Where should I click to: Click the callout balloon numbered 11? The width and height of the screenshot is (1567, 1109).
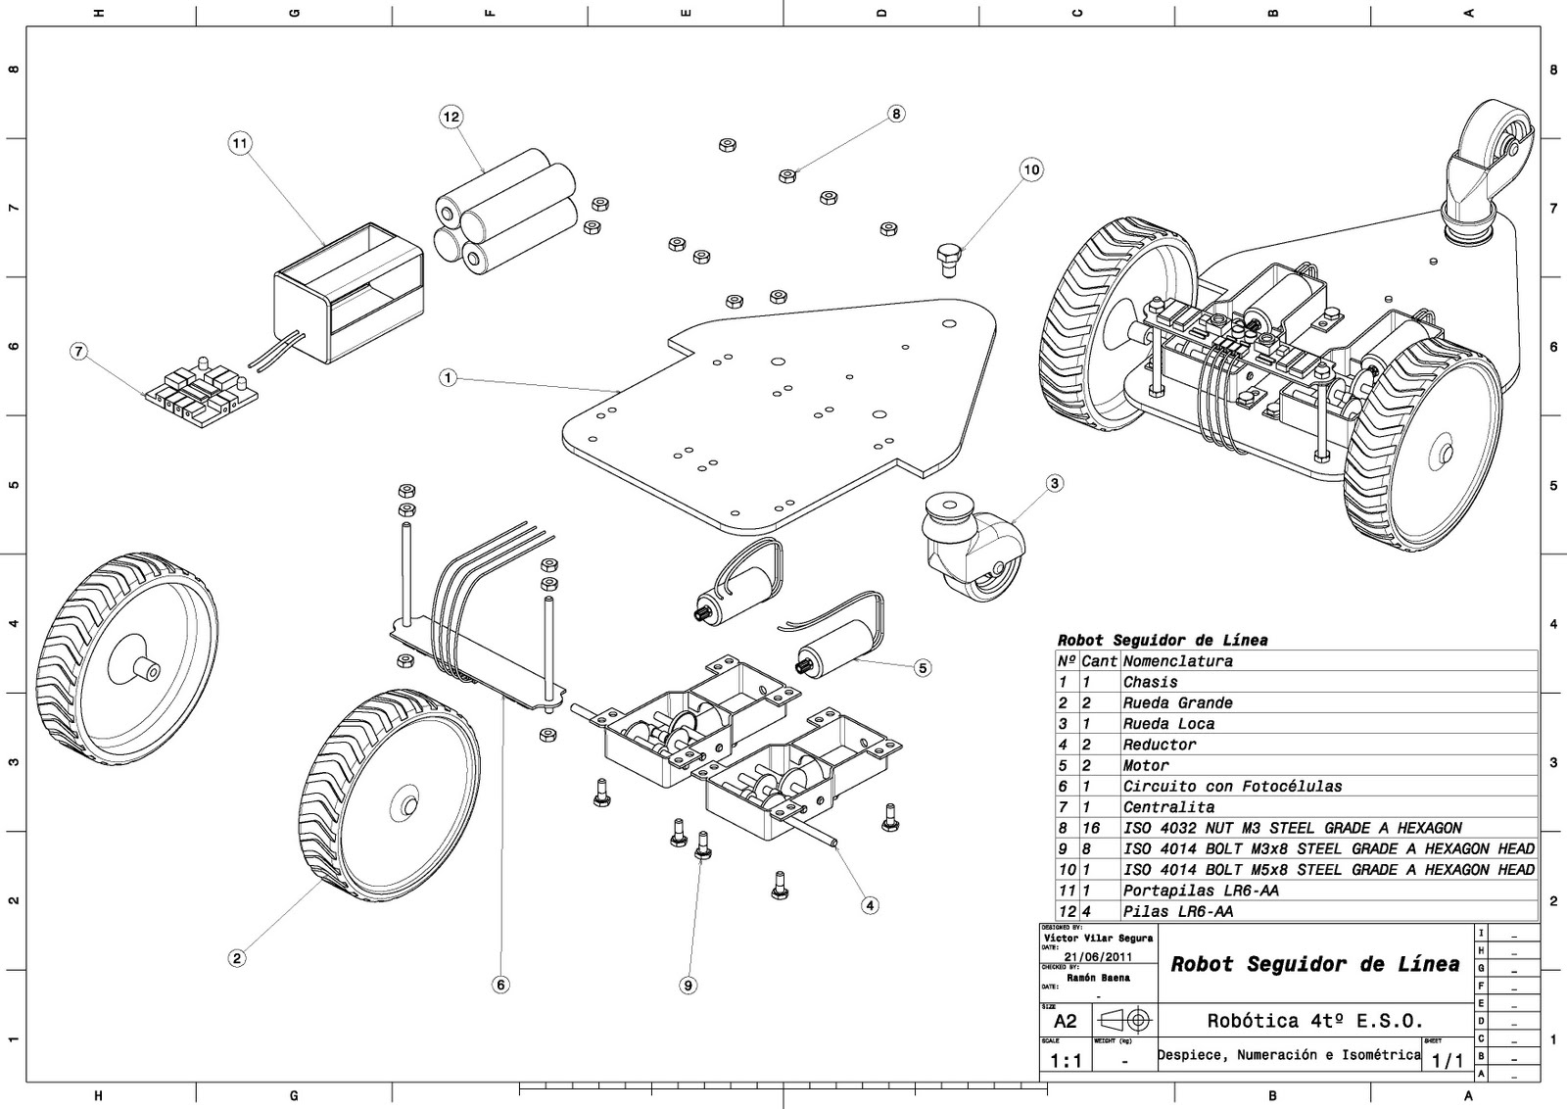coord(240,144)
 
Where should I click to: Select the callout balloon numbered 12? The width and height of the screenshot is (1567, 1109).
coord(451,117)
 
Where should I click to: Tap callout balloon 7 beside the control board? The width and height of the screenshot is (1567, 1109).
coord(79,351)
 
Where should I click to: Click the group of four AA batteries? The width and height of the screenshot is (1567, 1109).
coord(503,211)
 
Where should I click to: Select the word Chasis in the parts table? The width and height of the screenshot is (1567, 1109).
coord(1150,682)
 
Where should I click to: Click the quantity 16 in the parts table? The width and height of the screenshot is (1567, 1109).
coord(1091,828)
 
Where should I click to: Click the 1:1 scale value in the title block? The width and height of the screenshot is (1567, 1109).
coord(1066,1061)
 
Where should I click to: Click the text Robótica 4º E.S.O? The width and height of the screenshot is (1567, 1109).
coord(1314,1020)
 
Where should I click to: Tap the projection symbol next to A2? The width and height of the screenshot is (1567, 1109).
coord(1126,1020)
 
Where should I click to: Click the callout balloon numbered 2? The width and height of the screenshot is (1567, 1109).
coord(236,958)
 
